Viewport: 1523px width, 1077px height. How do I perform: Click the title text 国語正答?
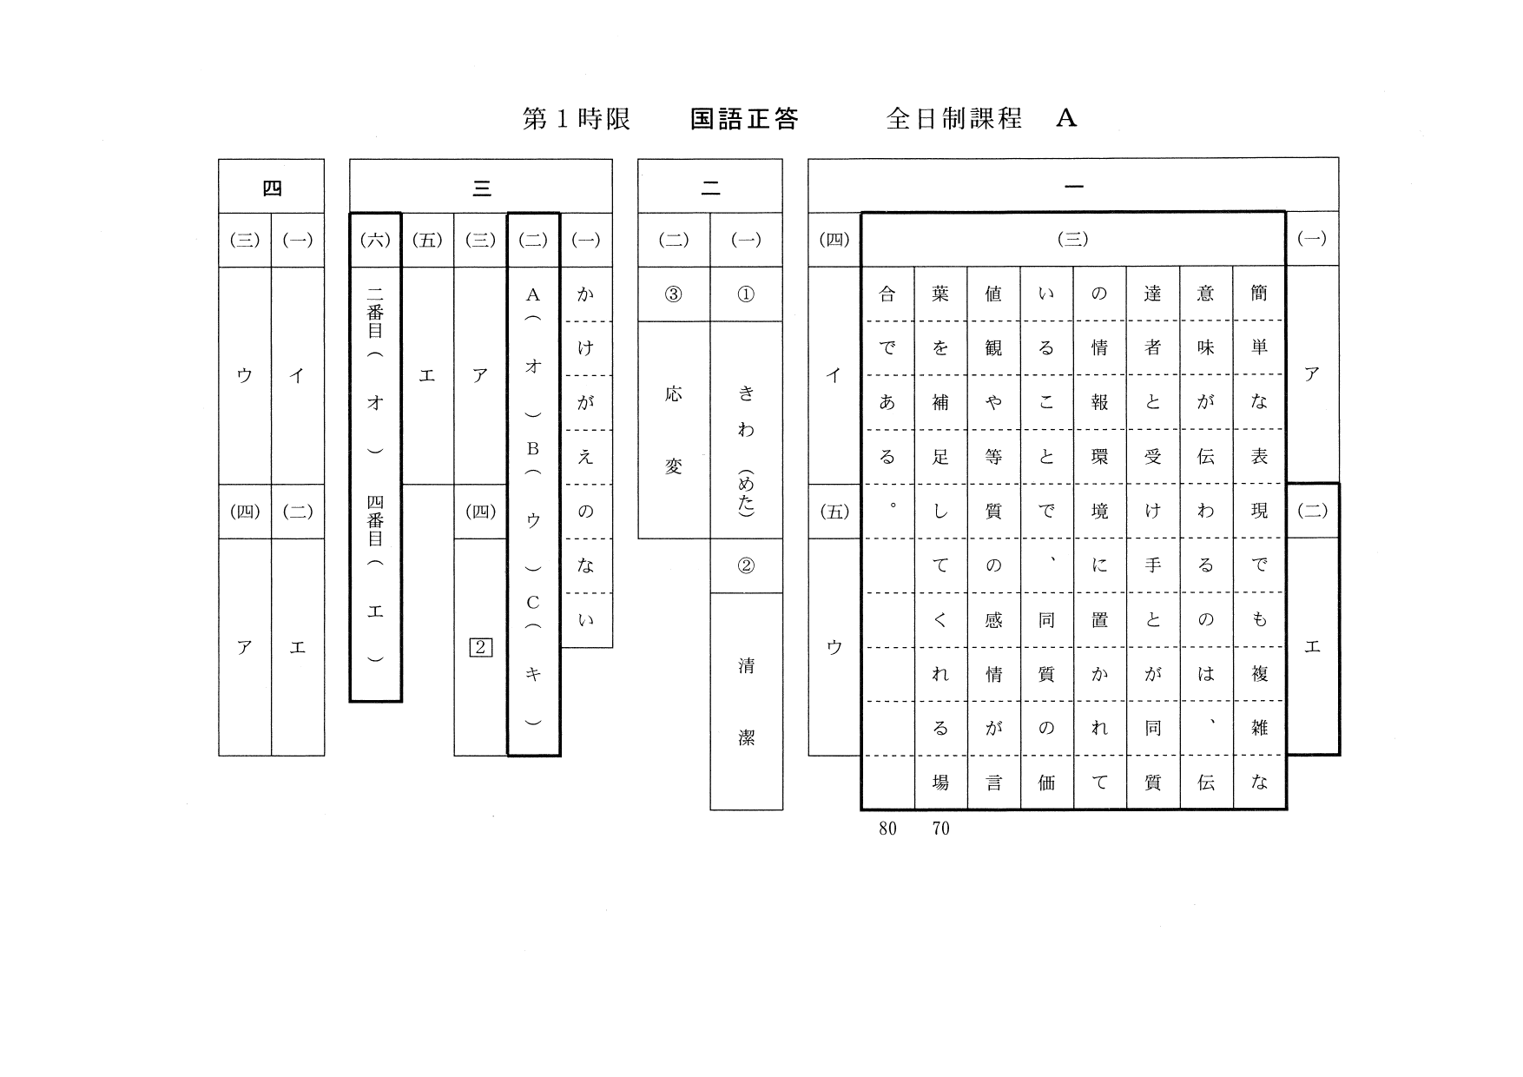click(743, 119)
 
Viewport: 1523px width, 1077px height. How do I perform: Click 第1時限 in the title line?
click(576, 119)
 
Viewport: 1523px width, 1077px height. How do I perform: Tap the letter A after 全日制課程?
click(1066, 118)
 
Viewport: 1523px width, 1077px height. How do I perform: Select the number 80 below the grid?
click(887, 829)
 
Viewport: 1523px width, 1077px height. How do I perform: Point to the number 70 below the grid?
click(940, 829)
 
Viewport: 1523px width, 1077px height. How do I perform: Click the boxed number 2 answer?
click(480, 647)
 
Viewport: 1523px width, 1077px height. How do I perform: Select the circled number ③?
click(673, 294)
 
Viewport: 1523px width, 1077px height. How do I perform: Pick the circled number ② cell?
click(746, 566)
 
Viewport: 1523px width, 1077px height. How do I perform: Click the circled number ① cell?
click(746, 294)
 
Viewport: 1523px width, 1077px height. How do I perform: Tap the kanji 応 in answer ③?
click(673, 393)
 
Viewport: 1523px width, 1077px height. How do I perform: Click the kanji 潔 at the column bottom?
click(746, 737)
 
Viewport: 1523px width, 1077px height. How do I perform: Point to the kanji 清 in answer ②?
click(746, 666)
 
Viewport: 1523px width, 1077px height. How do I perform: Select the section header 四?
click(271, 188)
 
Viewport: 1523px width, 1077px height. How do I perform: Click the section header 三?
click(481, 188)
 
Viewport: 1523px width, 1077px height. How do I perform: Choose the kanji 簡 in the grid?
click(1259, 294)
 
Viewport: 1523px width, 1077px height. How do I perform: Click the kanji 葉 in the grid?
click(940, 294)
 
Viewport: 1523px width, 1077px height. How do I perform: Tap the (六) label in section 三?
click(375, 240)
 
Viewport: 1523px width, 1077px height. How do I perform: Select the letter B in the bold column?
click(533, 449)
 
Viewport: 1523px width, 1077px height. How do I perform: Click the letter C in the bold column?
click(533, 602)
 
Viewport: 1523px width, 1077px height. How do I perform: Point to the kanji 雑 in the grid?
click(1259, 728)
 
